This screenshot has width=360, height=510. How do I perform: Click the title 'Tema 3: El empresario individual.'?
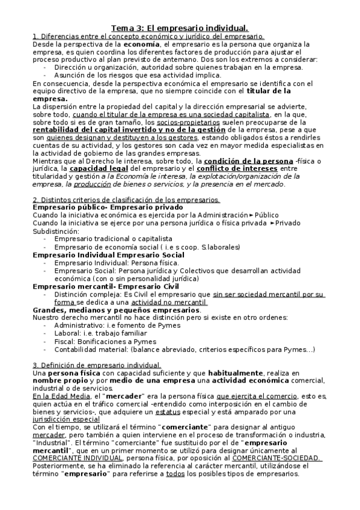180,28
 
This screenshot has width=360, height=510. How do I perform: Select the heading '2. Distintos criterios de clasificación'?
127,199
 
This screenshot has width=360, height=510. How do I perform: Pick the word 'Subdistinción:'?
55,230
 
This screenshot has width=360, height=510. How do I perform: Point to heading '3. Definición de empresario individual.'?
96,365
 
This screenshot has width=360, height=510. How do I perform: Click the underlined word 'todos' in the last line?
175,474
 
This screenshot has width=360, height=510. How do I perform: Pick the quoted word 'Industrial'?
54,443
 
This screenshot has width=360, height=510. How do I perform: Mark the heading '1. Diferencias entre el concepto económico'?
148,36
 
